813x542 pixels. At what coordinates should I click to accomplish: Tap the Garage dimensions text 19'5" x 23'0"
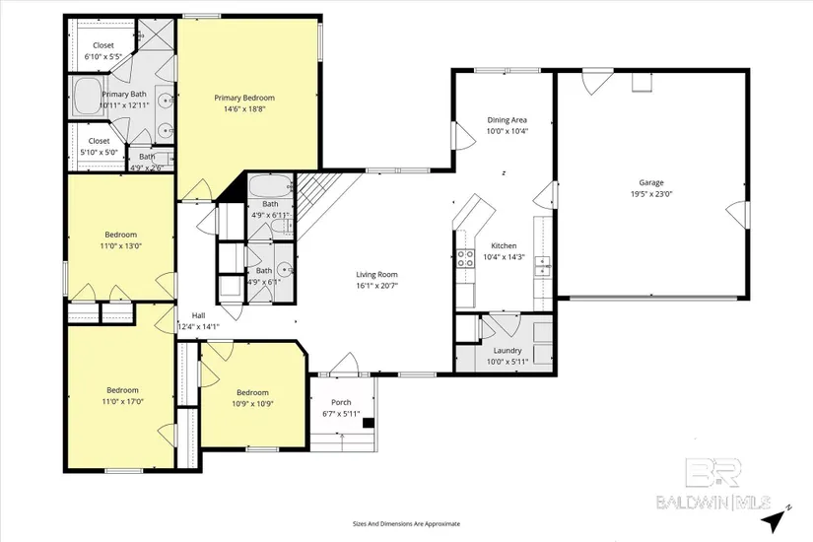pos(651,194)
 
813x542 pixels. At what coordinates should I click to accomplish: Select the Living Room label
pos(376,274)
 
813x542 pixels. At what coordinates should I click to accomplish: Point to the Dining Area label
pos(507,120)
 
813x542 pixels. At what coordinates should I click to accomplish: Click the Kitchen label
pos(504,245)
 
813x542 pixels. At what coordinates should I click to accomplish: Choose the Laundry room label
pos(508,351)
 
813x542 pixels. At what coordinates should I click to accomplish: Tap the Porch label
pos(341,402)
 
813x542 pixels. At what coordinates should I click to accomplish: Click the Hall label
pos(199,315)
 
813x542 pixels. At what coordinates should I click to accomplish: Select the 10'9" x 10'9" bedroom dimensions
pos(252,403)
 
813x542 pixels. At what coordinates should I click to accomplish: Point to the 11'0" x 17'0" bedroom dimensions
pos(122,401)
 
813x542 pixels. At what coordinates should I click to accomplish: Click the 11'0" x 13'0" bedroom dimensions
pos(121,245)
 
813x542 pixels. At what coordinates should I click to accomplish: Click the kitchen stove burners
pos(465,258)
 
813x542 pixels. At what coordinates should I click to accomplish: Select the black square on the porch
pos(369,423)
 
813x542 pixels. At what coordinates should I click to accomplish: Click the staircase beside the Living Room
pos(322,200)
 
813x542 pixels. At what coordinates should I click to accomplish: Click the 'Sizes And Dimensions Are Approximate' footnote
pos(406,524)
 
